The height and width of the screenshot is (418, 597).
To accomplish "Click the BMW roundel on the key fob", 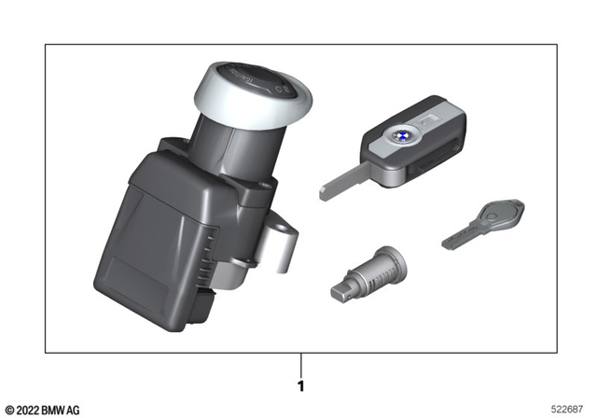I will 396,139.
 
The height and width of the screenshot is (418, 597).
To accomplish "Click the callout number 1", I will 299,383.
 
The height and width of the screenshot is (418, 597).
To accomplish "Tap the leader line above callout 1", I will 299,363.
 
